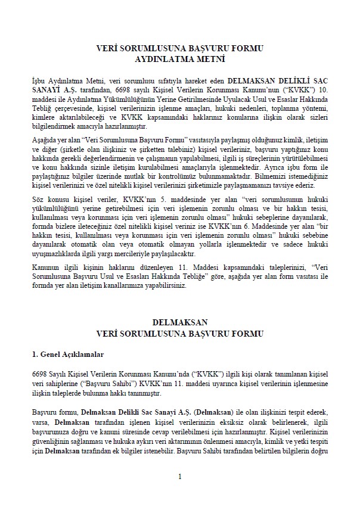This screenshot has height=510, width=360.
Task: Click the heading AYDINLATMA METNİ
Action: coord(179,59)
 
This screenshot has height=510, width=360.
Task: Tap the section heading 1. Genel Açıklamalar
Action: coord(68,354)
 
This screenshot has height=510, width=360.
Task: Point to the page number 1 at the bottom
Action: coord(179,476)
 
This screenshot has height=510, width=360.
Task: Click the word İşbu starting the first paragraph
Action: coord(39,80)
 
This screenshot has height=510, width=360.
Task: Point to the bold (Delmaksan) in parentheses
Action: coord(224,412)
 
